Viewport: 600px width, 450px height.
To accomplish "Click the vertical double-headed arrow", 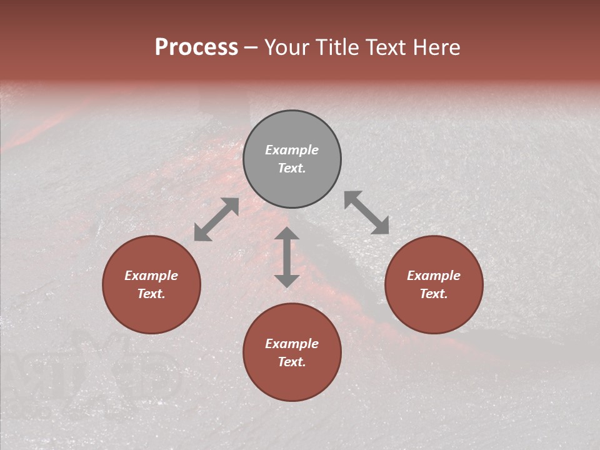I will [x=287, y=257].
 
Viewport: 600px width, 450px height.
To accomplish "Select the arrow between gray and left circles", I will [x=216, y=219].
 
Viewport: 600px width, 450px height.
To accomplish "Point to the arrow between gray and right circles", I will [x=367, y=212].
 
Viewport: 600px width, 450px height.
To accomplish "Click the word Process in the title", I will [x=196, y=47].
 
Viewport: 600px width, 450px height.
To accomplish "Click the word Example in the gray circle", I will [x=292, y=150].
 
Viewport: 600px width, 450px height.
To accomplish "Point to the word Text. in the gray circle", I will [x=292, y=168].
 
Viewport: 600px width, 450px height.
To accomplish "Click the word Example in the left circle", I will [x=151, y=276].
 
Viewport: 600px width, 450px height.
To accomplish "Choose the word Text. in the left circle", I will [x=151, y=294].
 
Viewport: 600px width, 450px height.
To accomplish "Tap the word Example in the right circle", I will [x=434, y=276].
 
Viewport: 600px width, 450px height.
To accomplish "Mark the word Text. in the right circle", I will [x=434, y=294].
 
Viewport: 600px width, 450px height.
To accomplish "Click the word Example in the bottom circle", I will [x=292, y=344].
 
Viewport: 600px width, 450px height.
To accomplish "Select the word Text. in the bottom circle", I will [x=292, y=362].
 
